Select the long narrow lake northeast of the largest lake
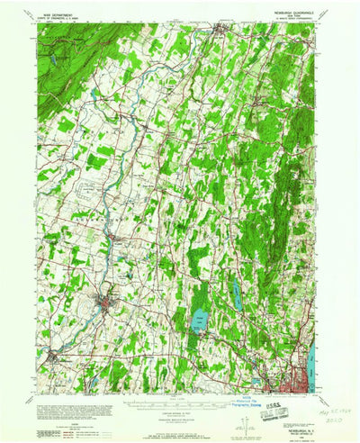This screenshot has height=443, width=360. click(x=237, y=289)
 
